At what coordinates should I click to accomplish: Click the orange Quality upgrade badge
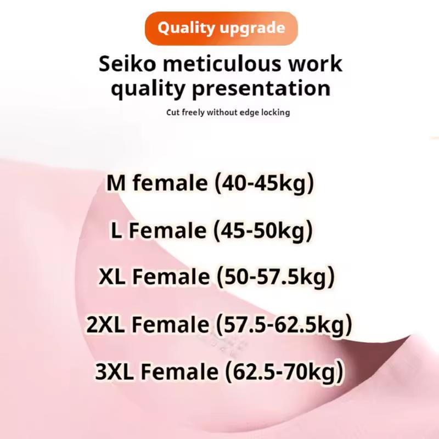[221, 27]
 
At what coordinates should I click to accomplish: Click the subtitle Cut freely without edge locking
[228, 112]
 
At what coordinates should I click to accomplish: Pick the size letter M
[116, 183]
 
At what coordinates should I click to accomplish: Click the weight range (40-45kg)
[267, 183]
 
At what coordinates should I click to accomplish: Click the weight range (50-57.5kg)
[275, 278]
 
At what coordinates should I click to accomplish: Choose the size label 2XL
[105, 325]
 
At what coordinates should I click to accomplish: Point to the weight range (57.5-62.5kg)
[283, 325]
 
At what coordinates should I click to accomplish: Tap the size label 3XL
[114, 372]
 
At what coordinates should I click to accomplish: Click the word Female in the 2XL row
[170, 325]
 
